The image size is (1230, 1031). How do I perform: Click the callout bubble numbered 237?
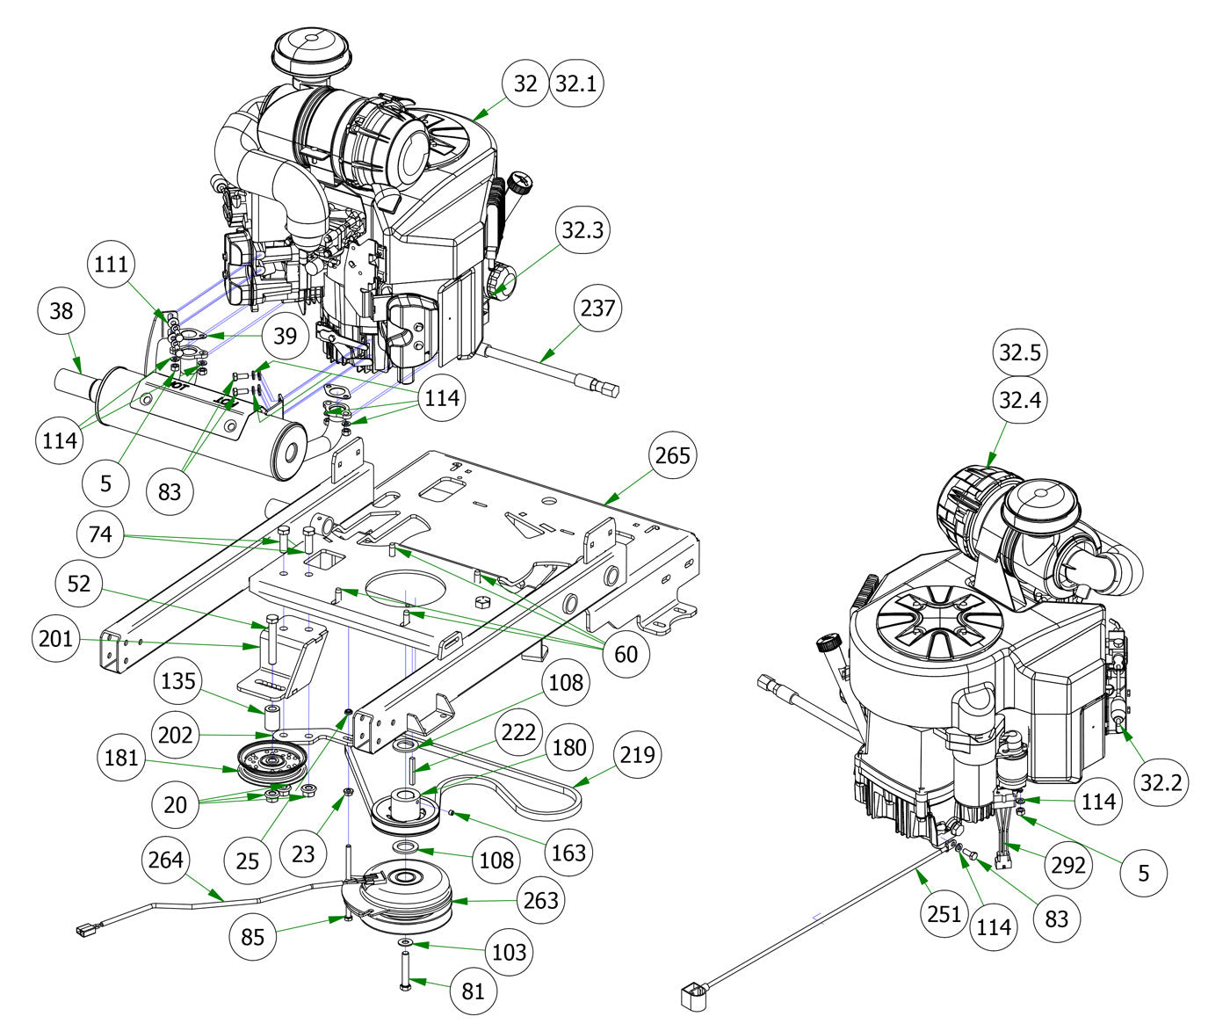tap(598, 309)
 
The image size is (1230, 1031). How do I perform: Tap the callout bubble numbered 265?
tap(672, 455)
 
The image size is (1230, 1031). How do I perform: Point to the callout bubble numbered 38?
tap(61, 311)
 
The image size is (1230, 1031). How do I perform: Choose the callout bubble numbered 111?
tap(112, 265)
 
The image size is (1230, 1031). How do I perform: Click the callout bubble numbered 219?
tap(635, 754)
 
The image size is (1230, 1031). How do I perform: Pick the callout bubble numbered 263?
tap(540, 900)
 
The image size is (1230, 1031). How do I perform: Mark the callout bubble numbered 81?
tap(473, 991)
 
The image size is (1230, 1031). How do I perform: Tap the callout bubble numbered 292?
tap(1067, 866)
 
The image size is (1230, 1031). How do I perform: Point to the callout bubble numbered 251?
tap(944, 913)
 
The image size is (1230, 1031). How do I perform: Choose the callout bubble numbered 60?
tap(626, 653)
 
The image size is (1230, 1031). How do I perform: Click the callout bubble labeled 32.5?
tap(1019, 352)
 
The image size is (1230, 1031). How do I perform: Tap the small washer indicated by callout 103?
tap(404, 942)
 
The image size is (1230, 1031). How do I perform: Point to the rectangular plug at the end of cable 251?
tap(693, 997)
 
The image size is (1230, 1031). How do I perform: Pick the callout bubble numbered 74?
tap(101, 534)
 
